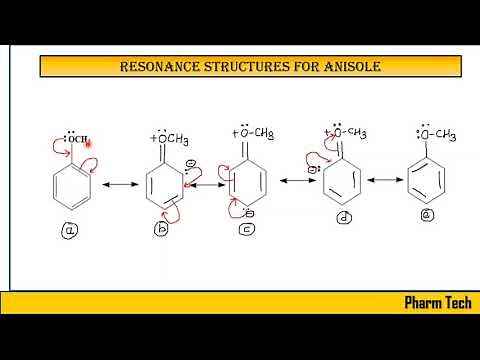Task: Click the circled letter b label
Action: [161, 230]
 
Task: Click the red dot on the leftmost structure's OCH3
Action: [89, 143]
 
